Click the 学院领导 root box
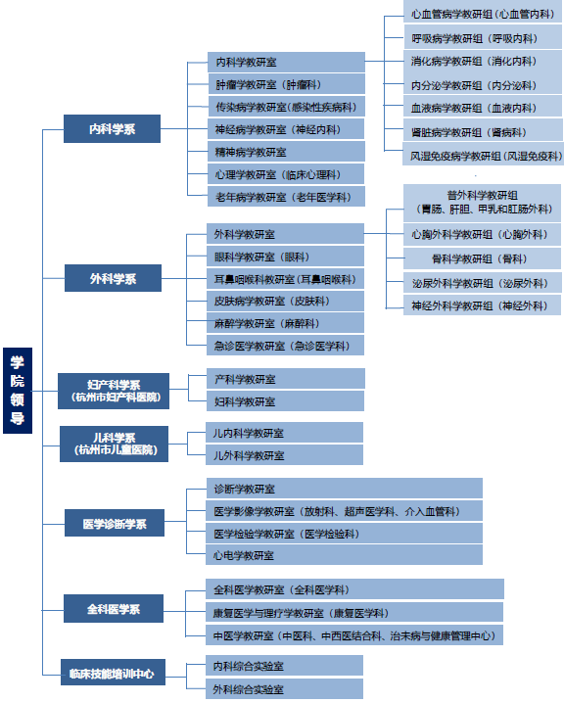pyautogui.click(x=18, y=391)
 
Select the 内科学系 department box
pyautogui.click(x=112, y=128)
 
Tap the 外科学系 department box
pyautogui.click(x=113, y=278)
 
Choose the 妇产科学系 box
pyautogui.click(x=114, y=391)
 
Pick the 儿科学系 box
pyautogui.click(x=114, y=444)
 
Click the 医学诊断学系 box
pyautogui.click(x=115, y=523)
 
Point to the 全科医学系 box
pyautogui.click(x=114, y=608)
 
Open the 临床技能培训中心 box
pyautogui.click(x=113, y=672)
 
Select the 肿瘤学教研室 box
pyautogui.click(x=286, y=84)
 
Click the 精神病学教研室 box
pyautogui.click(x=286, y=152)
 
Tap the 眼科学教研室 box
pyautogui.click(x=285, y=257)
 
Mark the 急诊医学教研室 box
pyautogui.click(x=285, y=346)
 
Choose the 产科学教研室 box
pyautogui.click(x=286, y=379)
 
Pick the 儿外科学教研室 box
pyautogui.click(x=284, y=455)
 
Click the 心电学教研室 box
pyautogui.click(x=345, y=555)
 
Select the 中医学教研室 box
pyautogui.click(x=354, y=635)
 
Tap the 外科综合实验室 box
pyautogui.click(x=284, y=688)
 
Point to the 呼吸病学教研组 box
pyautogui.click(x=483, y=37)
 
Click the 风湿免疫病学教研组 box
pyautogui.click(x=483, y=155)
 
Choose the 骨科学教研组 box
pyautogui.click(x=482, y=258)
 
